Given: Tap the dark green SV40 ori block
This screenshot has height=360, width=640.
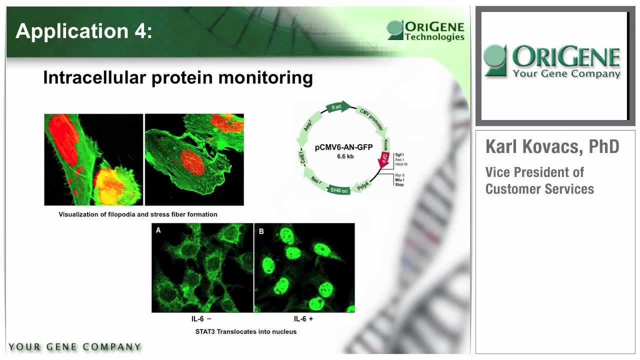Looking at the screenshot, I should [x=338, y=190].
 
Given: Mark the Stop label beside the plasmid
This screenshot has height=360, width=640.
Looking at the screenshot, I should [x=399, y=184].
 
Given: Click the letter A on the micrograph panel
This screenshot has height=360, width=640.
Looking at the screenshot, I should [x=158, y=230].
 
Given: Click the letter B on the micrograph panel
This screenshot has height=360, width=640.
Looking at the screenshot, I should [x=261, y=231].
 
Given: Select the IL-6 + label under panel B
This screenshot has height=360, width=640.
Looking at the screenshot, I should [x=303, y=319].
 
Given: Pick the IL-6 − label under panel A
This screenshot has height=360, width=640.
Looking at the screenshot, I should [x=201, y=319].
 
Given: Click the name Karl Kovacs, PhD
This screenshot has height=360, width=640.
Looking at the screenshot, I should [x=552, y=146].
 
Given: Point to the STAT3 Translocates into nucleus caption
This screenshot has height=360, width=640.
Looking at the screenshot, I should [x=245, y=331].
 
